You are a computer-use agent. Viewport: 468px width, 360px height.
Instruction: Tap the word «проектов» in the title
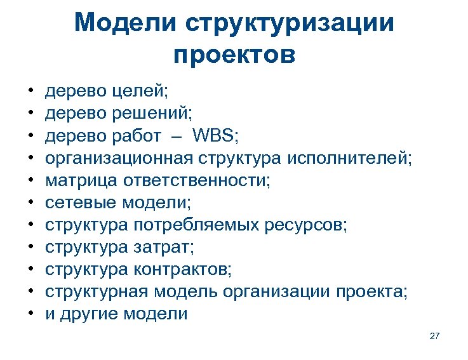[x=234, y=55]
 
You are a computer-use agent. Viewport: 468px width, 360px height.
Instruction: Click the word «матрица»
[x=79, y=181]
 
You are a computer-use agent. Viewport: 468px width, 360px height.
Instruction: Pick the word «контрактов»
[x=183, y=270]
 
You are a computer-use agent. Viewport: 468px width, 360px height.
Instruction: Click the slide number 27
[x=434, y=335]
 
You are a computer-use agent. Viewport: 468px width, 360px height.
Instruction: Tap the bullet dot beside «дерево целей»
[x=30, y=92]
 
